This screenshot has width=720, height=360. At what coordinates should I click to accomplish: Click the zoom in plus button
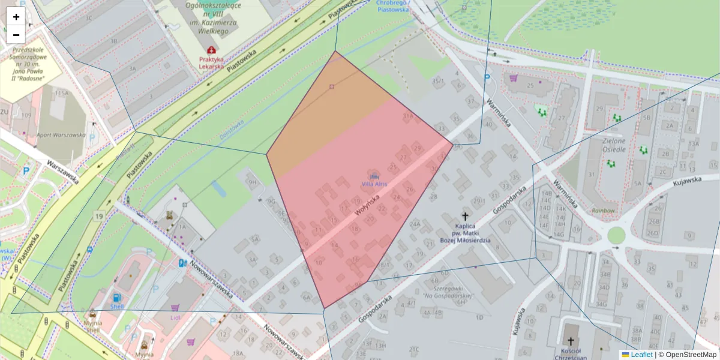click(x=16, y=17)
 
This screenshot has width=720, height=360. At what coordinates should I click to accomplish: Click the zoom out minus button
click(x=16, y=34)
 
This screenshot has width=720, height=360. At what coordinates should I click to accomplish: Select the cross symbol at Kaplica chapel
click(x=464, y=216)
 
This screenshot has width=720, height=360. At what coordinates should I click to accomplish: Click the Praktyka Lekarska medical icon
click(x=211, y=50)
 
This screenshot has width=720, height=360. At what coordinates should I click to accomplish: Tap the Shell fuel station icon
click(x=115, y=298)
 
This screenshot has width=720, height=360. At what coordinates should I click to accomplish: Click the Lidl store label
click(x=175, y=317)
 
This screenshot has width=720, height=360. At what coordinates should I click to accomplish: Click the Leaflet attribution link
click(x=641, y=355)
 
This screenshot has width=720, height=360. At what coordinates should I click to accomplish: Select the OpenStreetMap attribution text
click(x=687, y=355)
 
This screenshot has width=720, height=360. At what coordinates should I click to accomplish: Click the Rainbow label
click(x=602, y=211)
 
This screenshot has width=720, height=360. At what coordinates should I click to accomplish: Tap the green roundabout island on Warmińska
click(x=616, y=235)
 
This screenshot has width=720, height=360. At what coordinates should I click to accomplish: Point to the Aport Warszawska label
click(x=61, y=135)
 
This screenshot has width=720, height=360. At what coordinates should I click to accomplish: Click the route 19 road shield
click(x=98, y=215)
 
